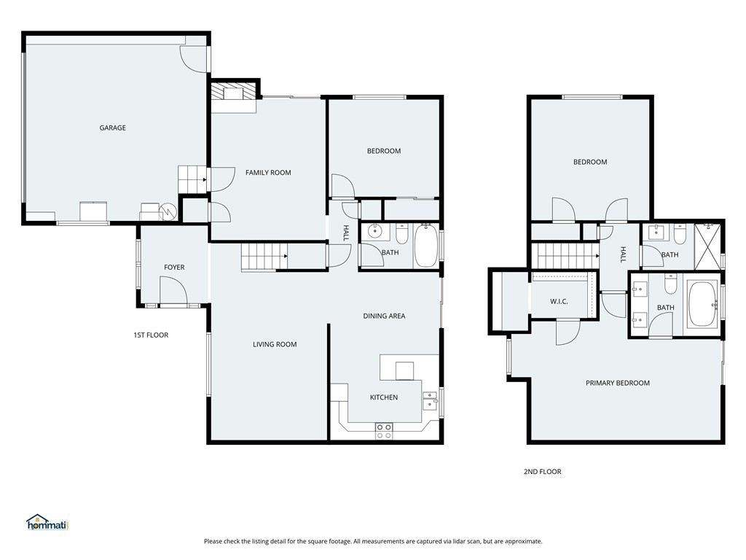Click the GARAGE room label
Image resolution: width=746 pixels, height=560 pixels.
[113, 128]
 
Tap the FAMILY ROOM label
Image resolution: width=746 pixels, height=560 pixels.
[268, 173]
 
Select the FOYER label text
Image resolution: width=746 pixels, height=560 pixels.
[174, 268]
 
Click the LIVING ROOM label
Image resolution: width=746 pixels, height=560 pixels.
[275, 344]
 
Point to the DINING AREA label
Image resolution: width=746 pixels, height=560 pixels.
[384, 316]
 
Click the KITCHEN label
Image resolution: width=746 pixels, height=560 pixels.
[384, 397]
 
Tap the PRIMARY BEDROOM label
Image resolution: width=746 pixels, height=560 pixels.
[618, 383]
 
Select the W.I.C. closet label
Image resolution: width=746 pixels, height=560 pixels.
[559, 302]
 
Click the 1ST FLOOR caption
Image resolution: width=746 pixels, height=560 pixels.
[151, 335]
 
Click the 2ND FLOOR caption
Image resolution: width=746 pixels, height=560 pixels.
[543, 472]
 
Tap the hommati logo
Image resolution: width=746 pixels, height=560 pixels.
[47, 522]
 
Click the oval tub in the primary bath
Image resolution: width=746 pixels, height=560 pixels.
[702, 305]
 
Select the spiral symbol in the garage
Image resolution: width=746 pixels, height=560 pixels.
[168, 211]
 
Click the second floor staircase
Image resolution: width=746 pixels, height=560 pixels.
[566, 256]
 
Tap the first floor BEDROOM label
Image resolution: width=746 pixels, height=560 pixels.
[384, 151]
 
